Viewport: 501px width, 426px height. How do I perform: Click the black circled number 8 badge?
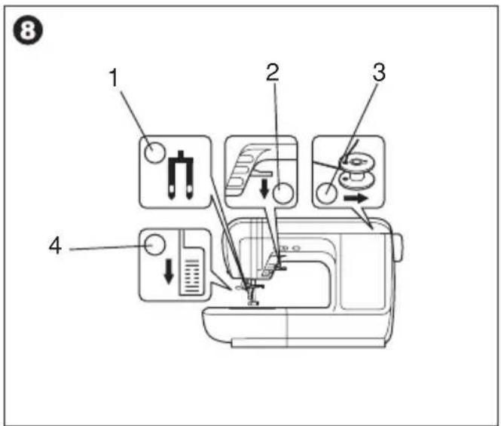point(27,31)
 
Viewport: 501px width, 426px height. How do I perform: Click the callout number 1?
point(114,78)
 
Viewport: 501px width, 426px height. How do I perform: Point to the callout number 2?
point(273,72)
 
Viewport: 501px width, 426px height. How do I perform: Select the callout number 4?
point(55,247)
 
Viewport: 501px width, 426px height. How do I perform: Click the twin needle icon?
point(181,175)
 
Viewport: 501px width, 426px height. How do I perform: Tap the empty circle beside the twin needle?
point(154,152)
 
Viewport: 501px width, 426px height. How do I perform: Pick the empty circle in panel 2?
point(283,193)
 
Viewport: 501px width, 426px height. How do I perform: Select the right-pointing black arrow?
point(356,198)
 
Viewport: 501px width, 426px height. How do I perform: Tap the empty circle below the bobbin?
point(326,193)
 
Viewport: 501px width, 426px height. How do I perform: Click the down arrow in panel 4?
point(169,271)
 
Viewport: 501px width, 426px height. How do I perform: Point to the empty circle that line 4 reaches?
point(154,244)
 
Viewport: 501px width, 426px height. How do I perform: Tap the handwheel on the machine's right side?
point(399,247)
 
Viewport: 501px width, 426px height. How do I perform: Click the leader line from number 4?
point(107,248)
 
